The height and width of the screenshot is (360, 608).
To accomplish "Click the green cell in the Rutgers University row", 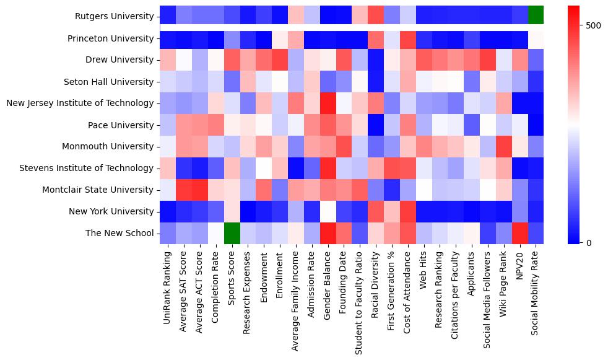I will coord(536,16).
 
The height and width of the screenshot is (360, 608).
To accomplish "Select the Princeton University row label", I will coord(111,38).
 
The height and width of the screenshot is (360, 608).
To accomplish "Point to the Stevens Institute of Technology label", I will coord(87,168).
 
